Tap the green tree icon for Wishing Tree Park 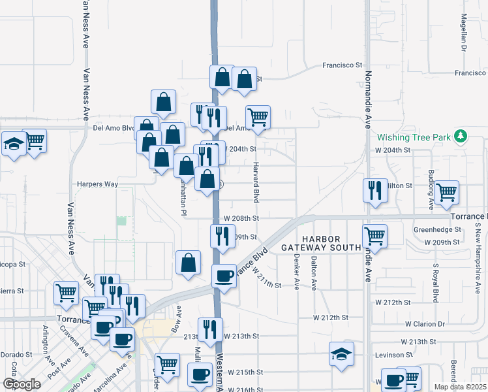pyautogui.click(x=461, y=136)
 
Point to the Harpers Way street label pyautogui.click(x=97, y=184)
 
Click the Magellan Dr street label pyautogui.click(x=464, y=33)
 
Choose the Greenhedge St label pyautogui.click(x=437, y=230)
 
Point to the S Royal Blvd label pyautogui.click(x=435, y=282)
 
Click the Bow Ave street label pyautogui.click(x=176, y=319)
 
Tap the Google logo pyautogui.click(x=22, y=384)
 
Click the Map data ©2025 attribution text pyautogui.click(x=461, y=387)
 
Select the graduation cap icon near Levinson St pyautogui.click(x=341, y=354)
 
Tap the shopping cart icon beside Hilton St pyautogui.click(x=447, y=192)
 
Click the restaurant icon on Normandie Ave pyautogui.click(x=375, y=189)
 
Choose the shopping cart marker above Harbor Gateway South pyautogui.click(x=374, y=235)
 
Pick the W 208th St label pyautogui.click(x=241, y=218)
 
